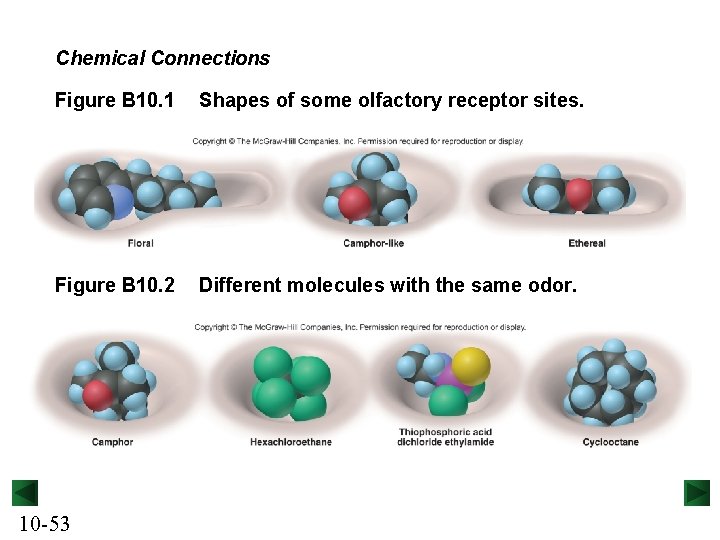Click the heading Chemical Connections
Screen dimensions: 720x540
[x=162, y=58]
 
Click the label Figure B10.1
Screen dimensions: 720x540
[x=114, y=101]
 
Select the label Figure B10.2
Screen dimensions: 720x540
[x=114, y=286]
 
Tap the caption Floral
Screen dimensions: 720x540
[x=141, y=244]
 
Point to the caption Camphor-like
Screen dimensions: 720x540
[x=373, y=244]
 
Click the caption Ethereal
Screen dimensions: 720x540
[x=587, y=244]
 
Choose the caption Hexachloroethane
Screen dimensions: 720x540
[x=291, y=442]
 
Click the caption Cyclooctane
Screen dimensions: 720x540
[x=610, y=442]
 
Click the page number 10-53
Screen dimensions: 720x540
[x=44, y=523]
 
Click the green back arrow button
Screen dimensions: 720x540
[x=25, y=493]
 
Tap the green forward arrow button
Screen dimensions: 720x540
[x=696, y=493]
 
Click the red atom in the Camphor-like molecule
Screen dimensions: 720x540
[x=354, y=203]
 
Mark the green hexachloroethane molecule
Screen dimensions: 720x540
[x=290, y=383]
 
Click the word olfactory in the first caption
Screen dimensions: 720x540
[x=387, y=101]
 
